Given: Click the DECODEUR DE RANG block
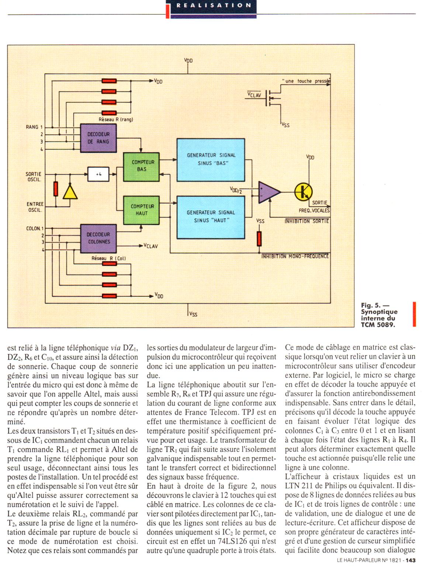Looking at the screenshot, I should click(99, 138).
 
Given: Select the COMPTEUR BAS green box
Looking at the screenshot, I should click(142, 166).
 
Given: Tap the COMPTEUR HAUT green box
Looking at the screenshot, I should click(142, 209).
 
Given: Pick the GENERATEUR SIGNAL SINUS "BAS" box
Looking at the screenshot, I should click(210, 159).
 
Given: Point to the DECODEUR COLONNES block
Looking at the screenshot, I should click(99, 238).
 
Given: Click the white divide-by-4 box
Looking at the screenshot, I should click(99, 174).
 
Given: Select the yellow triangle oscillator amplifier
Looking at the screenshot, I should click(70, 192).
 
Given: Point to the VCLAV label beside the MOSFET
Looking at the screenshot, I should click(254, 95).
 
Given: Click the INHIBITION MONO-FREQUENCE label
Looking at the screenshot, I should click(295, 256).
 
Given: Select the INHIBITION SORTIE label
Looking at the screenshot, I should click(306, 221).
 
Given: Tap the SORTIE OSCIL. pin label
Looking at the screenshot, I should click(34, 177).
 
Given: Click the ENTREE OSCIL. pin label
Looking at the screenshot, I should click(35, 207).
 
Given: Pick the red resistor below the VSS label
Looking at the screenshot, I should click(259, 239).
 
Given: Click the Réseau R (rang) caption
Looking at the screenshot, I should click(116, 119).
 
